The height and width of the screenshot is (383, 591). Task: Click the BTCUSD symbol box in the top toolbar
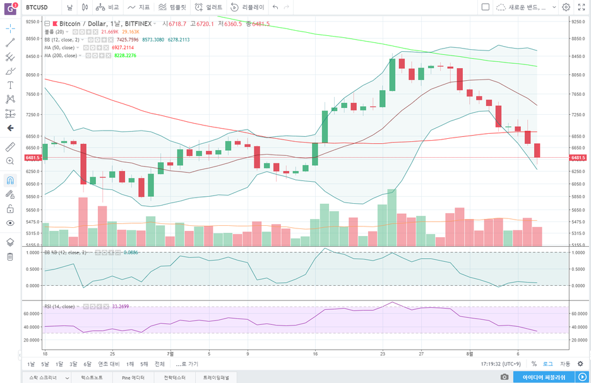pyautogui.click(x=38, y=7)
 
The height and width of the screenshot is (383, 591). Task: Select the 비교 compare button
pyautogui.click(x=108, y=7)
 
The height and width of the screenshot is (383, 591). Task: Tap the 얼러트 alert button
pyautogui.click(x=209, y=7)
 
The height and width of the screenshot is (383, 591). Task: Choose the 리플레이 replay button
pyautogui.click(x=248, y=7)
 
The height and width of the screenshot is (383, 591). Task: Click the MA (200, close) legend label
pyautogui.click(x=61, y=56)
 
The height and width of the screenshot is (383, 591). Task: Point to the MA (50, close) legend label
pyautogui.click(x=59, y=47)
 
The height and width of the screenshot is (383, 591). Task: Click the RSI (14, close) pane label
pyautogui.click(x=59, y=307)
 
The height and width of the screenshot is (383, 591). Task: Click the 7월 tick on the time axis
pyautogui.click(x=170, y=354)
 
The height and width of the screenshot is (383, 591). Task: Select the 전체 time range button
pyautogui.click(x=159, y=364)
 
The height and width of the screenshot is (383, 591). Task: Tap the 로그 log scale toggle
pyautogui.click(x=547, y=364)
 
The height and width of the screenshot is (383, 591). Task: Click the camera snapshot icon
pyautogui.click(x=504, y=377)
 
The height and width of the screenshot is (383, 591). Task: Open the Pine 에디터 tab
pyautogui.click(x=134, y=377)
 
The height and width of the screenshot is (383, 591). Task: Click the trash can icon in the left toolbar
pyautogui.click(x=10, y=256)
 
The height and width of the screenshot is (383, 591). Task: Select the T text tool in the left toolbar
pyautogui.click(x=10, y=85)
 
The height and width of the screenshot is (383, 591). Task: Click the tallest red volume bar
pyautogui.click(x=83, y=221)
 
